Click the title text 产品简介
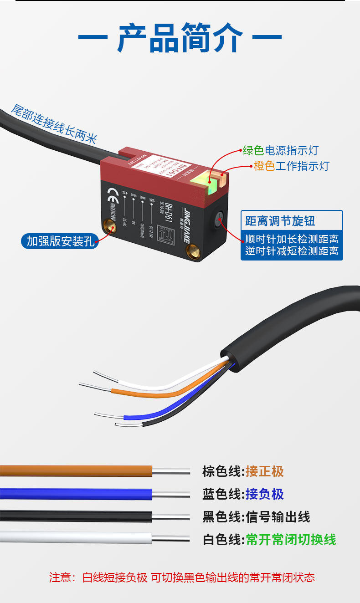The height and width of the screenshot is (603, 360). (180, 38)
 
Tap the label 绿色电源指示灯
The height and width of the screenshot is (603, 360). (280, 151)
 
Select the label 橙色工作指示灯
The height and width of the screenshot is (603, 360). (291, 166)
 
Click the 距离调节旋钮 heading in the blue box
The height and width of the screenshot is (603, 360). (280, 221)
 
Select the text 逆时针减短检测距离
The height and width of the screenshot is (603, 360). (292, 250)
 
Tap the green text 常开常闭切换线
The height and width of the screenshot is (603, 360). (291, 540)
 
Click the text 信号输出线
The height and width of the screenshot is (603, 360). (278, 517)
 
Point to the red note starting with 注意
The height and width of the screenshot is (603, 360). (182, 577)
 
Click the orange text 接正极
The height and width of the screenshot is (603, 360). (265, 471)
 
